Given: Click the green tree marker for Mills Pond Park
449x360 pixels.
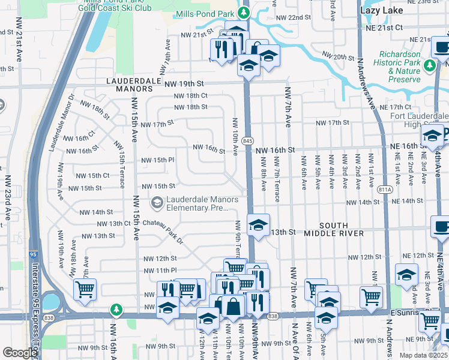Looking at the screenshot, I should coord(243,13).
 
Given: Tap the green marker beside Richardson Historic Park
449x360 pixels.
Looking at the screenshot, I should coord(430,65).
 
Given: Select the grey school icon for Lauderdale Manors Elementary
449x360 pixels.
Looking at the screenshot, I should coord(157,203).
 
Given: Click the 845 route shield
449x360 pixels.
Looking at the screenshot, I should coord(247,140).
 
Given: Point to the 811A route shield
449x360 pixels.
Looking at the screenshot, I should coord(385,189).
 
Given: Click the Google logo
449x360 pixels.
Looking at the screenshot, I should coord(20,353).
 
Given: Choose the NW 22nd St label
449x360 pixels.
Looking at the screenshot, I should coord(303,18).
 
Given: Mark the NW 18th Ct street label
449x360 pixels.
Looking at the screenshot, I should coord(190,95).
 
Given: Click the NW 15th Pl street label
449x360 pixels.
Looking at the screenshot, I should coord(157,160).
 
